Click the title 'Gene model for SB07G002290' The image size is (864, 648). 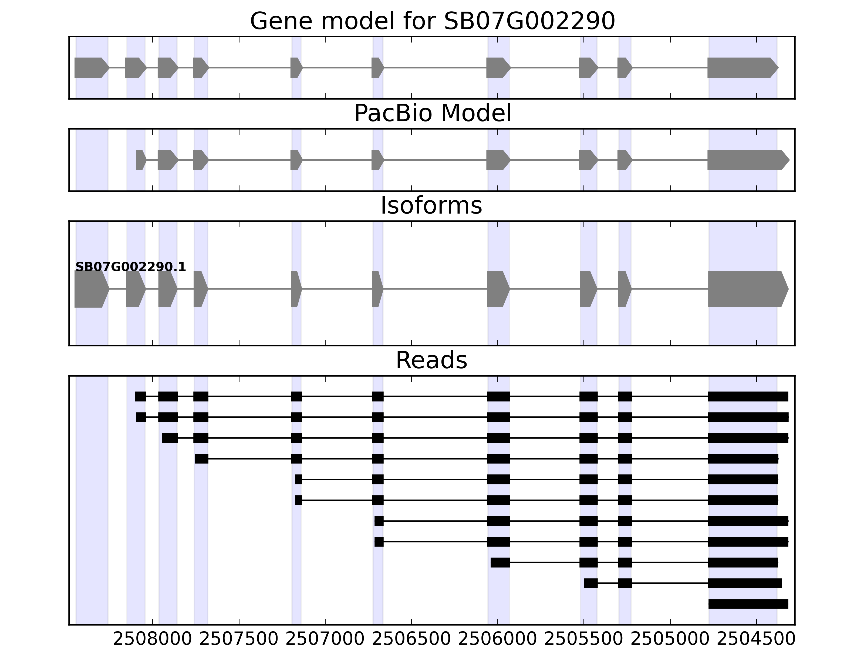(432, 21)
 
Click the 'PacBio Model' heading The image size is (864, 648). (432, 113)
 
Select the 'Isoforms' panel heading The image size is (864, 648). (431, 206)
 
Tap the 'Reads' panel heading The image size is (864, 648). (431, 360)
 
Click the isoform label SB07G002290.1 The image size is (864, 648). (130, 267)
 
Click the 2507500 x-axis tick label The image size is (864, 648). (239, 639)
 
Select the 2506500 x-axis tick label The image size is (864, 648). (411, 639)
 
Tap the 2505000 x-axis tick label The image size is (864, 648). (670, 639)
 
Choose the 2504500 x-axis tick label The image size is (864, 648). (756, 639)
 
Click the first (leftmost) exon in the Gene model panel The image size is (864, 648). (91, 67)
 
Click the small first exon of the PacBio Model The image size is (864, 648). (140, 160)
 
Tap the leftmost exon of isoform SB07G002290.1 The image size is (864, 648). (91, 289)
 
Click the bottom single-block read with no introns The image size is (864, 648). (748, 604)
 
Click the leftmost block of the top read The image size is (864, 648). (140, 396)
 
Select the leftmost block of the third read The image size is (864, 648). (170, 438)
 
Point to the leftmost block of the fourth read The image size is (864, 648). (201, 458)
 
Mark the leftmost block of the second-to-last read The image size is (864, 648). (590, 583)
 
